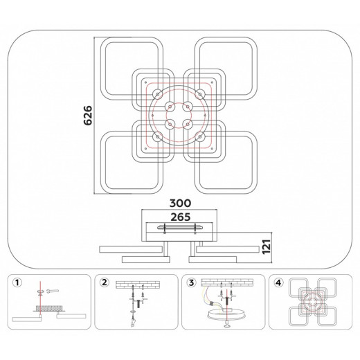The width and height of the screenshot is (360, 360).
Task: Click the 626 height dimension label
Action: pos(88,116)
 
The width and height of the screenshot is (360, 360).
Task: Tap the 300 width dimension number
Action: pos(180,204)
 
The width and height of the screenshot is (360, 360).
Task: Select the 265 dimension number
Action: pos(181,217)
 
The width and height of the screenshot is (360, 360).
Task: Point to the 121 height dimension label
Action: pos(267,246)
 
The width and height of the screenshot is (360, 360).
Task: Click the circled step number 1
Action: pos(17,282)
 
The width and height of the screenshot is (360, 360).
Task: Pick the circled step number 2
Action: pos(105,282)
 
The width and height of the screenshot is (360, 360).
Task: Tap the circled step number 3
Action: pos(192,282)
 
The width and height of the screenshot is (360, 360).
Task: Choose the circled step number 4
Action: pos(278,282)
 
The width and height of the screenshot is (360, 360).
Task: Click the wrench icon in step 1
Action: pos(53,291)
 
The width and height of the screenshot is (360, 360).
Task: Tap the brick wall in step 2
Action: pos(138,285)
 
